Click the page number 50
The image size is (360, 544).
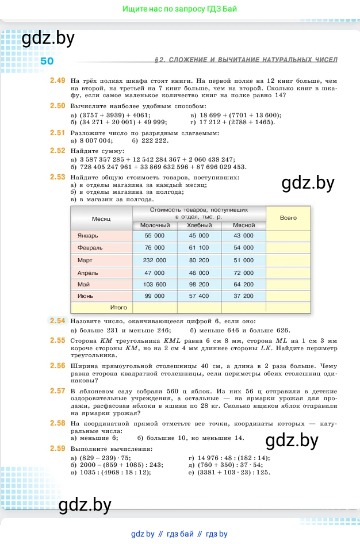tap(47, 62)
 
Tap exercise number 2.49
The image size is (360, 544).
tap(58, 81)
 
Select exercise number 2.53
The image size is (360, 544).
tap(58, 177)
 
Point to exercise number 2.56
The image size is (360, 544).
tap(58, 365)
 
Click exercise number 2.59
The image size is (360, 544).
tap(58, 447)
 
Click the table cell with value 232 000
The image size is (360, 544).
tap(155, 260)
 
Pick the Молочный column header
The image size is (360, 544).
tap(155, 225)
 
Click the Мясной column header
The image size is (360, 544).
tap(244, 225)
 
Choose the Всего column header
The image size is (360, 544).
tap(288, 218)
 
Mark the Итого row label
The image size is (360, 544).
tap(118, 308)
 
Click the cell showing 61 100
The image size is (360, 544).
tap(200, 248)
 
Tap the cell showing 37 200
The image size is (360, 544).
tap(244, 296)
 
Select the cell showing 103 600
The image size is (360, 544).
tap(155, 284)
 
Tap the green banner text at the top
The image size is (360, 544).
tap(180, 9)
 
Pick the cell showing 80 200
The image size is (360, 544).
tap(200, 260)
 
